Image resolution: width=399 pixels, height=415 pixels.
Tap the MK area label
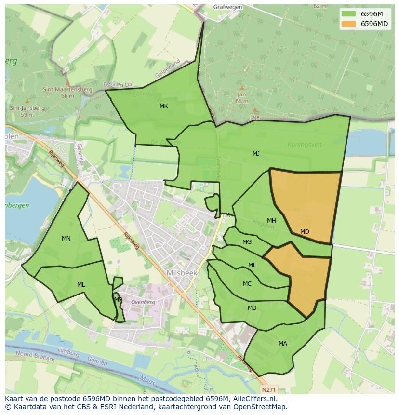[x=164, y=106]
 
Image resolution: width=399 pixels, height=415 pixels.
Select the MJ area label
[x=256, y=154]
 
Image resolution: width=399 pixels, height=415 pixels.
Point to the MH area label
[x=271, y=221]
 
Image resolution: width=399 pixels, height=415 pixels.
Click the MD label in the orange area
[x=305, y=232]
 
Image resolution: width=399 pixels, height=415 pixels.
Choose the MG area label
[x=247, y=242]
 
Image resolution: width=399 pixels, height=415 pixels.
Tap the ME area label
[x=252, y=265]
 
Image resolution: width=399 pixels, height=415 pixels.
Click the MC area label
[x=247, y=284]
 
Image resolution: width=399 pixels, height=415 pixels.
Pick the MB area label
[x=252, y=308]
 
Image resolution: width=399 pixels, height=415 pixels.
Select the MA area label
[x=283, y=344]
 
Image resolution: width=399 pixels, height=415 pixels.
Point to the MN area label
[x=66, y=239]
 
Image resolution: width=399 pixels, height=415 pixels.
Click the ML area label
[x=81, y=285]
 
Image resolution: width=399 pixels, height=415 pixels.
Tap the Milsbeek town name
[x=181, y=273]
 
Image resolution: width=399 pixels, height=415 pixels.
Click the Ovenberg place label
[x=144, y=302]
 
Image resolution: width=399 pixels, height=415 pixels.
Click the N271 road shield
[x=270, y=388]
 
